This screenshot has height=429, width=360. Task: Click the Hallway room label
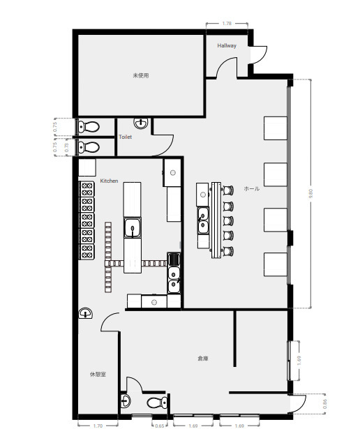227,46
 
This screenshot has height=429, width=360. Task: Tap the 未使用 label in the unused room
141,75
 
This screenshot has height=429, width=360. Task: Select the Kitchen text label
109,181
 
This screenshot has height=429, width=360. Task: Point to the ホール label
251,188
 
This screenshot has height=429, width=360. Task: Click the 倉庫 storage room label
203,358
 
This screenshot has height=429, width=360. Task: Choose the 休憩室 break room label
98,374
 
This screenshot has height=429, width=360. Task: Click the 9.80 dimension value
310,194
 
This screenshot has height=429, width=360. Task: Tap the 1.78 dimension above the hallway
227,24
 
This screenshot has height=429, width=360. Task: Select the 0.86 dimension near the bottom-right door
324,404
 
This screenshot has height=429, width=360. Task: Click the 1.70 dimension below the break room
98,426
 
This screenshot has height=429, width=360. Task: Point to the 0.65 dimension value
160,426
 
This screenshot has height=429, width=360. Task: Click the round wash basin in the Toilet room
141,123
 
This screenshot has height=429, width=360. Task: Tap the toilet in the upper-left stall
89,127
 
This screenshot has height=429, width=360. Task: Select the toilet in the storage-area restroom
157,402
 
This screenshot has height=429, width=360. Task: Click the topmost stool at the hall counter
227,190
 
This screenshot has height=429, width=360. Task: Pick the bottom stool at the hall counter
227,251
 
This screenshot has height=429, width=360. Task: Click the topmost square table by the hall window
276,128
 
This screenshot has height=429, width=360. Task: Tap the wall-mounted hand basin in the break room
85,313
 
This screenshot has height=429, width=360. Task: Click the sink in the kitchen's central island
133,227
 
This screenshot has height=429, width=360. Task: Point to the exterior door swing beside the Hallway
260,54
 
